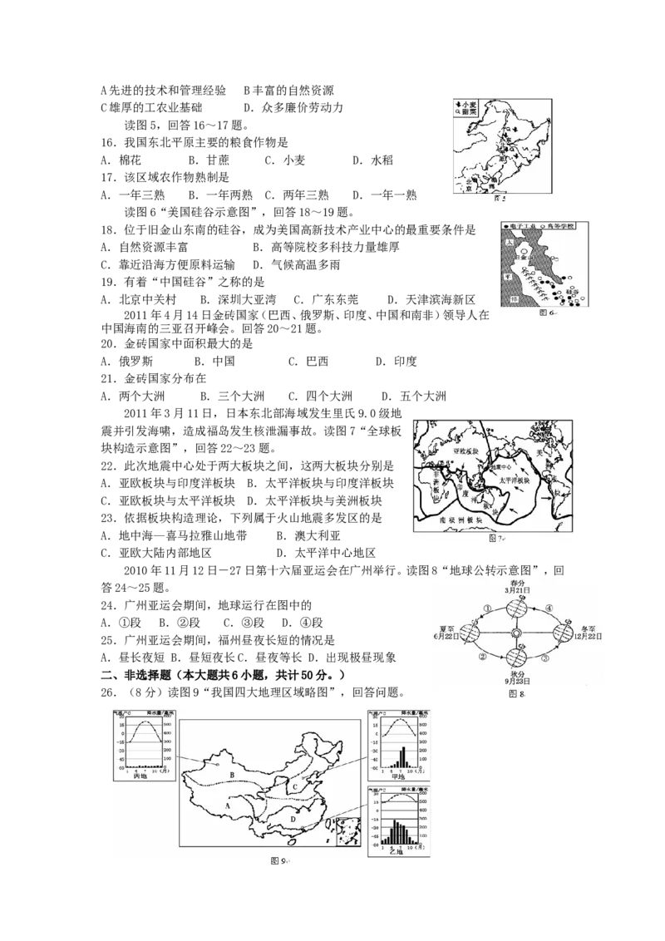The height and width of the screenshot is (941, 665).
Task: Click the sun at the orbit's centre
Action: pyautogui.click(x=515, y=634)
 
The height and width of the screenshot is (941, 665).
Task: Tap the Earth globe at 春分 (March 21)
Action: pyautogui.click(x=515, y=608)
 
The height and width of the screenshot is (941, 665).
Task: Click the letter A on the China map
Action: pyautogui.click(x=228, y=804)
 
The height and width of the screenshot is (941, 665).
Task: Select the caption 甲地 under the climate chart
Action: pyautogui.click(x=399, y=776)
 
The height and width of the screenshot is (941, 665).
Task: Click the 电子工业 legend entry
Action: pyautogui.click(x=523, y=226)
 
